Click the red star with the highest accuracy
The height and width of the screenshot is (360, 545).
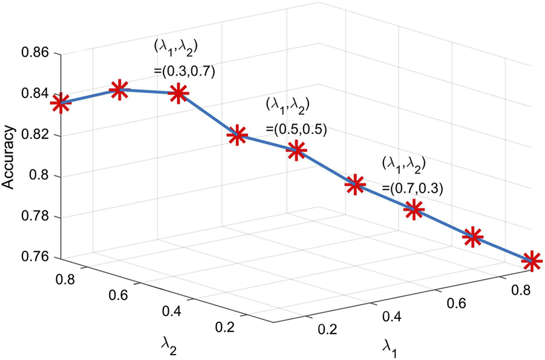tap(119, 90)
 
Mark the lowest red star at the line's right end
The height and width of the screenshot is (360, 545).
tap(531, 261)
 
